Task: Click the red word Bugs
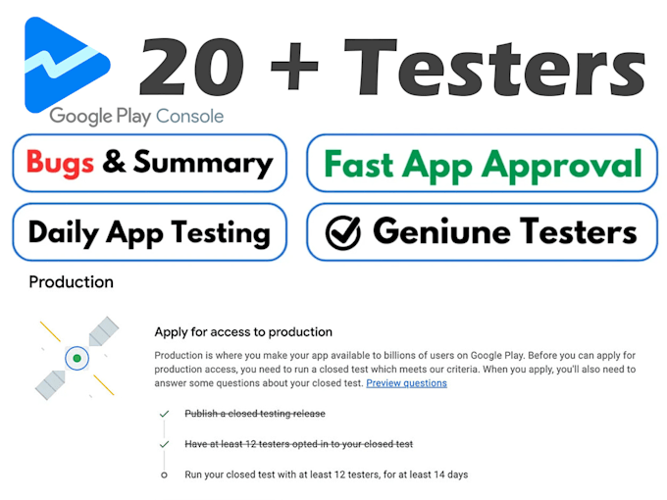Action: (x=61, y=162)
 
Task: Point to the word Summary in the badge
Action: (x=202, y=163)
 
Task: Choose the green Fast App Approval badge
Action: (x=482, y=163)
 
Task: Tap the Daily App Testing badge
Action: (x=149, y=232)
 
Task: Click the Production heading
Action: (x=71, y=282)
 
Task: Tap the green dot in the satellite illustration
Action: (x=77, y=359)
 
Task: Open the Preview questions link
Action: (x=406, y=383)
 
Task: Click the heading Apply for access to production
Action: (x=243, y=332)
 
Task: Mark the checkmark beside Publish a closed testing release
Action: (x=164, y=414)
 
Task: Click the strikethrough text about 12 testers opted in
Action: (x=298, y=444)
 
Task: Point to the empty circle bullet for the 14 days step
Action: (x=164, y=475)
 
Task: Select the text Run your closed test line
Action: (x=326, y=475)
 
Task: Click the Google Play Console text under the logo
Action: (x=136, y=116)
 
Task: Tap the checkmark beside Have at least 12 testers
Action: (x=164, y=444)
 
